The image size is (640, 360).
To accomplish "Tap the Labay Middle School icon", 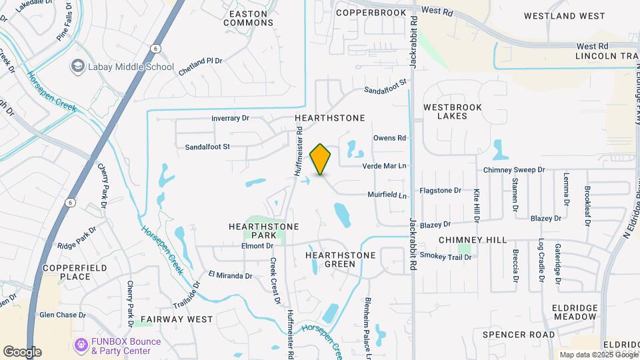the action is click(78, 67).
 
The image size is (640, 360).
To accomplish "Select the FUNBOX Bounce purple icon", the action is click(81, 345).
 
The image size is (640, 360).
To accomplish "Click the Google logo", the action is click(22, 352).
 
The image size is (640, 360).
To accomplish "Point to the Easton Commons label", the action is click(248, 18).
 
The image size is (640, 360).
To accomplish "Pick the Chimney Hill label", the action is click(473, 240).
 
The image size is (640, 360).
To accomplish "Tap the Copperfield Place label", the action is click(66, 271).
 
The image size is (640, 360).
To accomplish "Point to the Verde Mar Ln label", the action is click(385, 166).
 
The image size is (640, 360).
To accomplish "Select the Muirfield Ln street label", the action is click(387, 195).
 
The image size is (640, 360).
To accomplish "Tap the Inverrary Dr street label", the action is click(230, 118).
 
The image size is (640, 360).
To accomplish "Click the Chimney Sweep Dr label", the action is click(514, 170).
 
